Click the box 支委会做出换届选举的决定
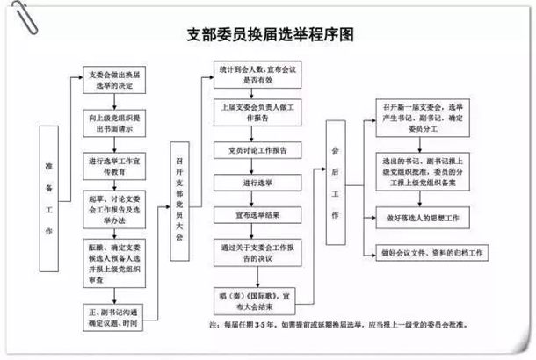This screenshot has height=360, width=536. coord(113,80)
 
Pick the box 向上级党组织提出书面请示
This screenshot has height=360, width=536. coord(113,121)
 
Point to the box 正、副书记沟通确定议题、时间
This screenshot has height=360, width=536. coord(113,314)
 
